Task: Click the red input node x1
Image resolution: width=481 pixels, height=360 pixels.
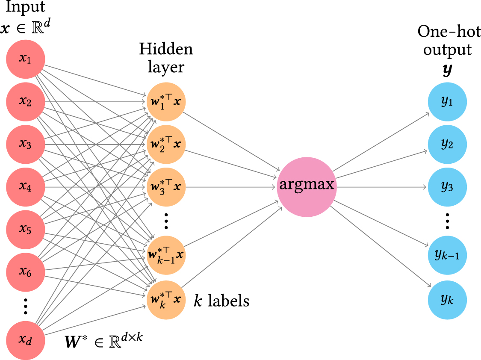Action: coord(25,59)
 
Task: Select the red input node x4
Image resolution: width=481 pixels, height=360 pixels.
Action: coord(25,187)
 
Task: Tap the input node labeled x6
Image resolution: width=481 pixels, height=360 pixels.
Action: coord(25,272)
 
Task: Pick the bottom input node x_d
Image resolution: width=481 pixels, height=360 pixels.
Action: coord(25,341)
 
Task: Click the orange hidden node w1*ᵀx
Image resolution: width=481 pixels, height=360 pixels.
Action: coord(166,101)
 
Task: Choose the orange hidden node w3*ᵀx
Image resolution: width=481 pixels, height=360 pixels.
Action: coord(166,187)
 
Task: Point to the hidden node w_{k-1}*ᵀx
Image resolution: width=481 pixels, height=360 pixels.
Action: coord(166,255)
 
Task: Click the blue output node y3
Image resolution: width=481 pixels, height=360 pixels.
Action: coord(447,187)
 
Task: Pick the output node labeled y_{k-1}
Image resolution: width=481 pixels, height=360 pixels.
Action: coord(447,255)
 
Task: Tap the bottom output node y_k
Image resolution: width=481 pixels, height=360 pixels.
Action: coord(447,299)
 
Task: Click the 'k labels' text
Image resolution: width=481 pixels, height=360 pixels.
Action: coord(221,301)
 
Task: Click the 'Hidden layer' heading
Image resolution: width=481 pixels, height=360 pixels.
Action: coord(166,58)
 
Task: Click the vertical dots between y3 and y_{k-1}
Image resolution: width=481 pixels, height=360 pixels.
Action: coord(447,221)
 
